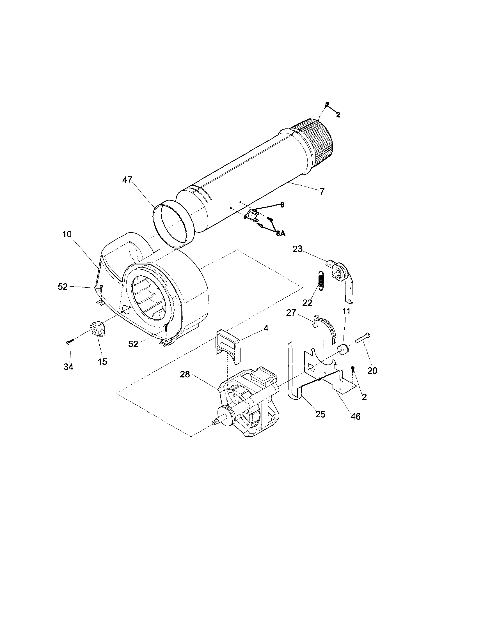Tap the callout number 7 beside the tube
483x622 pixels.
[322, 192]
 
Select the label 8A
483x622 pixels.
[280, 233]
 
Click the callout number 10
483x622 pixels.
[67, 234]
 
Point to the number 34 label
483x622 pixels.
[68, 367]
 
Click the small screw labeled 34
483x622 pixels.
[69, 342]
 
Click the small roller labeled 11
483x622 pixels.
[343, 350]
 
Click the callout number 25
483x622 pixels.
[320, 414]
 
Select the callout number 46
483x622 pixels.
[355, 417]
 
